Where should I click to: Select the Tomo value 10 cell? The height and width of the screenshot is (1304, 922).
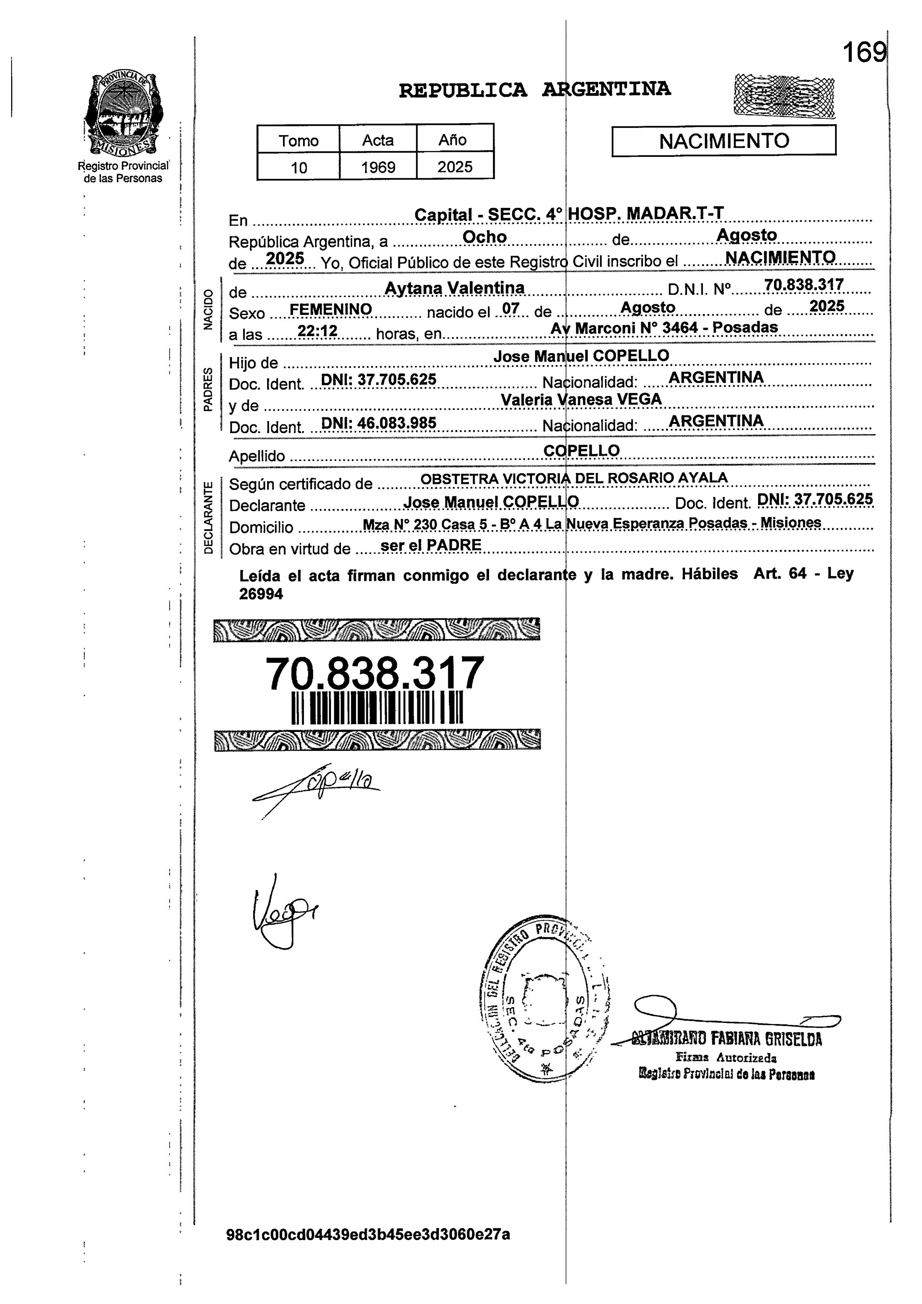[x=298, y=167]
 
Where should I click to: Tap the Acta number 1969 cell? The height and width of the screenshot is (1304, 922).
[x=378, y=167]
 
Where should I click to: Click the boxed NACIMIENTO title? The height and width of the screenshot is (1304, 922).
[x=724, y=141]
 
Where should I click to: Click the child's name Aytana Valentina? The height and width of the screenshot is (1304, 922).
[x=454, y=288]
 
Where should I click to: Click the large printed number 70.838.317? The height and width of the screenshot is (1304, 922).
[x=375, y=673]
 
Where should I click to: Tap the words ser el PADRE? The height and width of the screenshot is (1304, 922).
[x=431, y=545]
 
